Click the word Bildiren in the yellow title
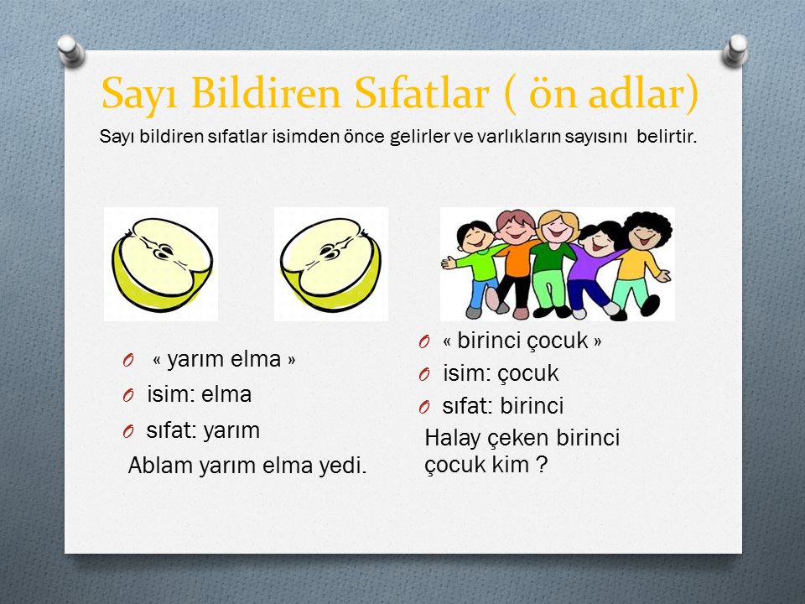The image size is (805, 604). tap(266, 93)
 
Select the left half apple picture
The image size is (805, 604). tap(161, 264)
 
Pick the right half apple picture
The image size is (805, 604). tap(331, 264)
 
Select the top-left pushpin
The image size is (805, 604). tap(70, 50)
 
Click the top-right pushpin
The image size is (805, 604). tap(735, 50)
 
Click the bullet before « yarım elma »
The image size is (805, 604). tap(128, 360)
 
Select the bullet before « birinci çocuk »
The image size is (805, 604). tap(424, 341)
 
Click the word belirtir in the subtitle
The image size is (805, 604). tap(667, 137)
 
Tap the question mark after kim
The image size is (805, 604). tap(542, 465)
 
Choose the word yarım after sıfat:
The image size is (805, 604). tap(231, 432)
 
